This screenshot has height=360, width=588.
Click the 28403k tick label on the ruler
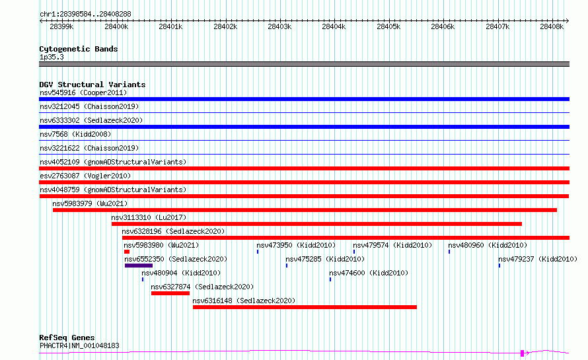(x=279, y=26)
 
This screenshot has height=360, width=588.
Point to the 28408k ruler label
(x=552, y=26)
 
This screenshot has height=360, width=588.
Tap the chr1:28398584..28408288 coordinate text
(x=85, y=14)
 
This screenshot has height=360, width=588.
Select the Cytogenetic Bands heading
(x=79, y=49)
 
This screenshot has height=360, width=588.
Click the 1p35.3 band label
(x=52, y=57)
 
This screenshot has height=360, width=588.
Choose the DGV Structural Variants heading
(x=92, y=85)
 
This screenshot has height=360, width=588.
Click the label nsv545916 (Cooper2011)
(x=83, y=92)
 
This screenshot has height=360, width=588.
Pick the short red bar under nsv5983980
(x=127, y=252)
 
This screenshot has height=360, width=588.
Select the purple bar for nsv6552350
(x=139, y=266)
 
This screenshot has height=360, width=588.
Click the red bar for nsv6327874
(x=170, y=293)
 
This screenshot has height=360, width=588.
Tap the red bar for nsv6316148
(x=305, y=307)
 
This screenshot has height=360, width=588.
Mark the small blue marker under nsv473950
(x=258, y=252)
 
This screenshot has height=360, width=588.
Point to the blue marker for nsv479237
(x=499, y=266)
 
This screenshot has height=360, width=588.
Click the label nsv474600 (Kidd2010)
(x=369, y=273)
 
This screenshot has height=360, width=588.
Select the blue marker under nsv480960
(x=449, y=252)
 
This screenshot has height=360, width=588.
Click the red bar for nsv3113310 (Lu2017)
(x=316, y=224)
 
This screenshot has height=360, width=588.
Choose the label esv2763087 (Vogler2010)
(x=85, y=176)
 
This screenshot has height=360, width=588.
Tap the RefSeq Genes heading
(x=67, y=338)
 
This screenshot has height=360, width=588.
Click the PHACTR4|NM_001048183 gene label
(x=79, y=345)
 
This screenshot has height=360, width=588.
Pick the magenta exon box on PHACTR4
(x=523, y=353)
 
